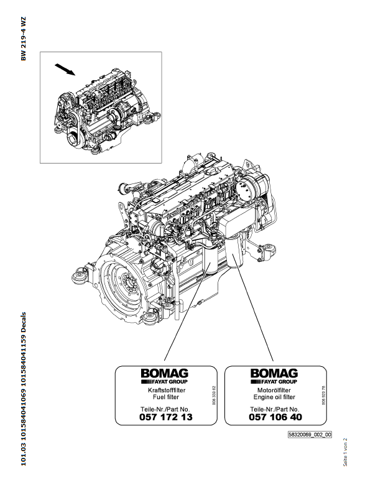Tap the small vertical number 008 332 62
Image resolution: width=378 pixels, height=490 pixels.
[213, 395]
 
